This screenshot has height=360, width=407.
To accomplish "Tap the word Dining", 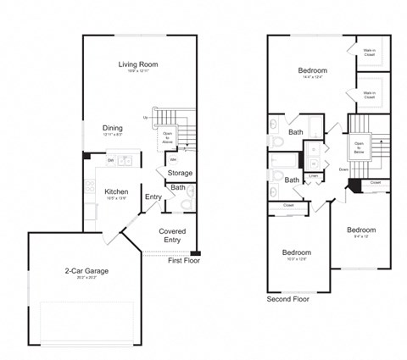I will [113, 128].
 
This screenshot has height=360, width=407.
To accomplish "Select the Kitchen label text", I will [116, 191].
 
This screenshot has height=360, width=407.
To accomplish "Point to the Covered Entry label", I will [172, 235].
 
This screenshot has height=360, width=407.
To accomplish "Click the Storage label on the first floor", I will [179, 173].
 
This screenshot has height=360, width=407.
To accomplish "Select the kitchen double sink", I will [125, 159].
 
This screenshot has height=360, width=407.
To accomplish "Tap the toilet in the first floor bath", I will [188, 202].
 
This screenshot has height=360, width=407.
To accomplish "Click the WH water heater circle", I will [173, 158].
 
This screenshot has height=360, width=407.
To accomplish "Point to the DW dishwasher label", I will [110, 159].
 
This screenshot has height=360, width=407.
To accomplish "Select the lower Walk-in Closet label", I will [370, 95].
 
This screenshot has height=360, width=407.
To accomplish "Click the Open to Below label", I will [359, 149].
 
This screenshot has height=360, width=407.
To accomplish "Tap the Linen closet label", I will [313, 176].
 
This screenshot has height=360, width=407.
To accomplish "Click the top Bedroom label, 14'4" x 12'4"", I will [312, 70].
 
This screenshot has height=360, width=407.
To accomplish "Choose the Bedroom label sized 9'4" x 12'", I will [360, 230].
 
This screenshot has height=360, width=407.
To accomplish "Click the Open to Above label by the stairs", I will [167, 136].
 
